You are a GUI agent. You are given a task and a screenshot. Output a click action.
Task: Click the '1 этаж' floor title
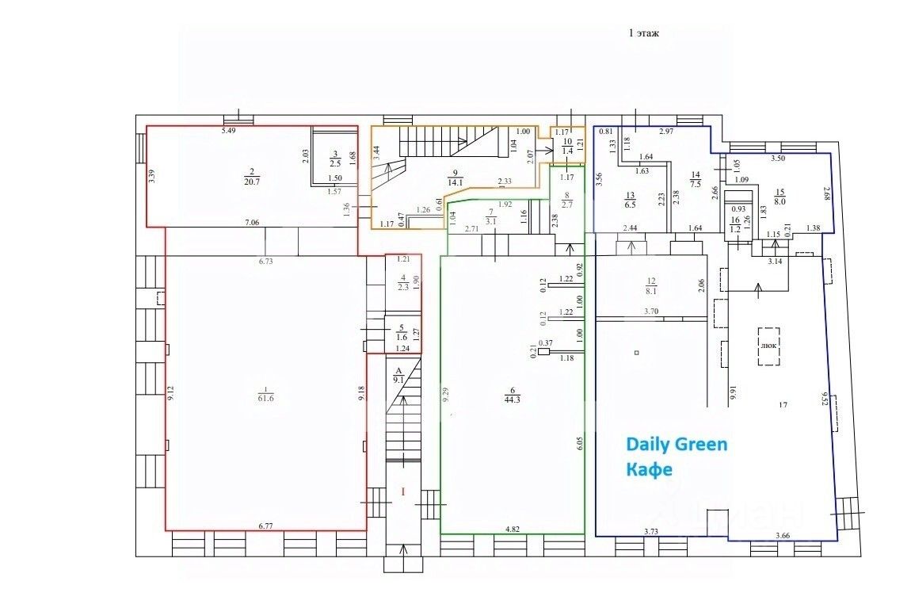644,33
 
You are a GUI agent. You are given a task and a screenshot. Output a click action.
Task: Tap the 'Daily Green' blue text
676,444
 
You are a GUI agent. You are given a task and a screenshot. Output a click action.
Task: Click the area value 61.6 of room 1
265,399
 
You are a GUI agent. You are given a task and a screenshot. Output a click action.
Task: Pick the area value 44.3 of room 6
514,399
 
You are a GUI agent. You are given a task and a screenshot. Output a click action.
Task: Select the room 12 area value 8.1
652,291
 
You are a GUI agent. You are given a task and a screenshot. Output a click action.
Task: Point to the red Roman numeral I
403,492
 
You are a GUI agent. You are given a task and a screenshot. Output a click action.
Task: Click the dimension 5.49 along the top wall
229,130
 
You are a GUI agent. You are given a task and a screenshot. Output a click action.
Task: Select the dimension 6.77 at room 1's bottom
265,525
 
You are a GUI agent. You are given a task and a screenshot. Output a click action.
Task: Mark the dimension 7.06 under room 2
251,223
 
